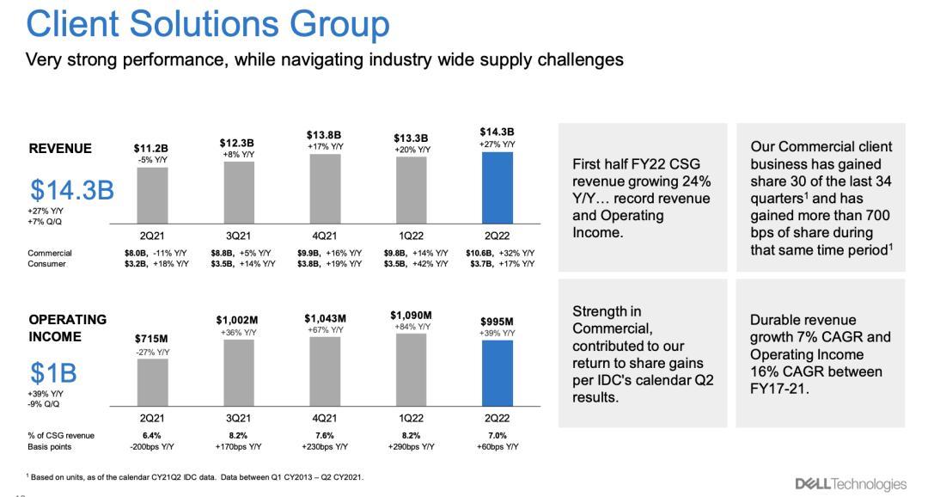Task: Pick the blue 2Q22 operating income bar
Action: [x=498, y=373]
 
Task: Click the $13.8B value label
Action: [x=325, y=135]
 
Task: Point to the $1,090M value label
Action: [x=411, y=315]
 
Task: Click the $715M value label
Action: [x=152, y=339]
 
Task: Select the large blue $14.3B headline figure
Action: [x=71, y=189]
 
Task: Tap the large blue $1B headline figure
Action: [x=52, y=373]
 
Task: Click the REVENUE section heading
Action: [x=60, y=149]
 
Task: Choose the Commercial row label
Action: [x=49, y=253]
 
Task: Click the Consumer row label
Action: [x=47, y=264]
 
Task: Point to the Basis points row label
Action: [x=51, y=446]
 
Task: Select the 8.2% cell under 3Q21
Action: [x=238, y=435]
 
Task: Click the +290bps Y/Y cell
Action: [x=411, y=446]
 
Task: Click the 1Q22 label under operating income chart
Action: [x=411, y=417]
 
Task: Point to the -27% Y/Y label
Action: [x=152, y=352]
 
